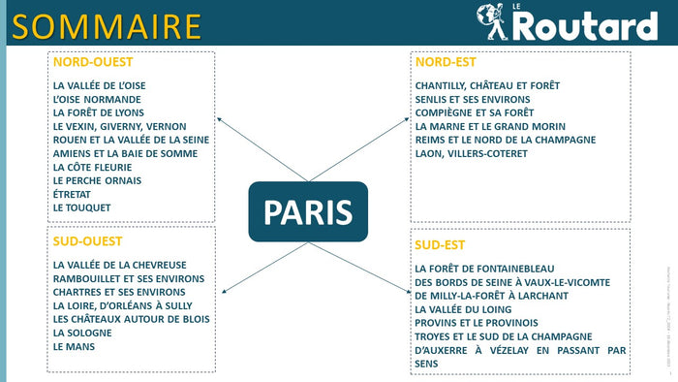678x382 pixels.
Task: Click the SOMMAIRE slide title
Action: coord(107,26)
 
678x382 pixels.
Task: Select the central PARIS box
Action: coord(308,211)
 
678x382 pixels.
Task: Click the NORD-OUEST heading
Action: coord(93,62)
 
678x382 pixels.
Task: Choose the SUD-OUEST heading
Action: coord(88,241)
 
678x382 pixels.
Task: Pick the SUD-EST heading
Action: coord(440,243)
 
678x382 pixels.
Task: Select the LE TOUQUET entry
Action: coord(82,207)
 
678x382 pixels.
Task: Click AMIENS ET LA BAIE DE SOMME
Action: coord(123,153)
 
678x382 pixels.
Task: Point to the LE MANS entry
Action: coord(75,346)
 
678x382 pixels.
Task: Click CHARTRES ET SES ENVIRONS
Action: coord(119,292)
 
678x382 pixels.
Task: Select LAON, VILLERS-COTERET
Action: coord(472,153)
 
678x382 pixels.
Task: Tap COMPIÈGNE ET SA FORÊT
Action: coord(474,112)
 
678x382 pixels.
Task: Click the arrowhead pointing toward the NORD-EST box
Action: coord(408,120)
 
